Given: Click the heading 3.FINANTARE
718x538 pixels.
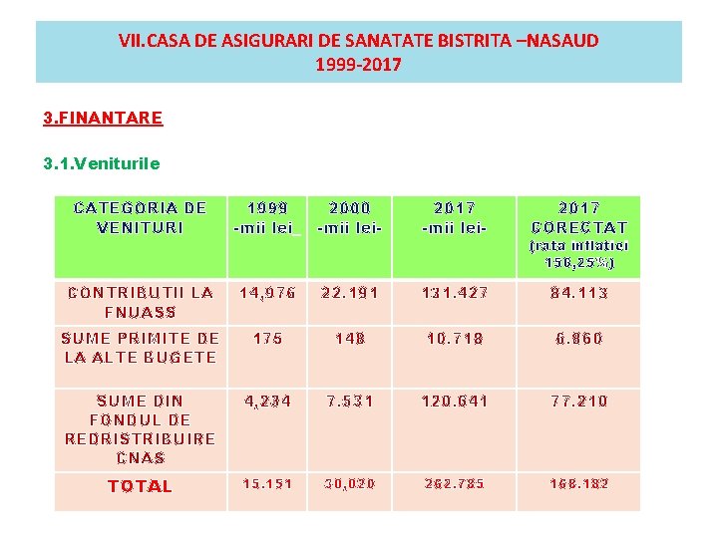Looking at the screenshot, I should point(103,118).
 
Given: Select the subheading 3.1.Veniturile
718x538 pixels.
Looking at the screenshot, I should point(102,162).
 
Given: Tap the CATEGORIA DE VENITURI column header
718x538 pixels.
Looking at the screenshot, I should point(141,217).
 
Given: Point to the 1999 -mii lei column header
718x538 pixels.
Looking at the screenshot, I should point(266,217).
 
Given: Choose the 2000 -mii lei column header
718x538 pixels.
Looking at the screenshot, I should point(349,217).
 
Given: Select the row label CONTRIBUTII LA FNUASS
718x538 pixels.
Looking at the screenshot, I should point(141,302).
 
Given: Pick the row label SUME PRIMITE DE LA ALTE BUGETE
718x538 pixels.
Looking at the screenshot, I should point(141,348).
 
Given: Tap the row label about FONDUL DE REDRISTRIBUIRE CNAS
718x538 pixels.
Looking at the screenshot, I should point(141,429).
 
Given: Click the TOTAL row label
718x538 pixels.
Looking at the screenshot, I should point(141,486).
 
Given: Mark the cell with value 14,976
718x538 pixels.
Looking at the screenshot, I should point(266,293).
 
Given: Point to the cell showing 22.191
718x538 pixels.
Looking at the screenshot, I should point(349,293).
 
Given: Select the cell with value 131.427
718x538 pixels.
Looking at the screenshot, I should point(455,293).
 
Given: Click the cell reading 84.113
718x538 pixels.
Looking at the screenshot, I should point(578,293).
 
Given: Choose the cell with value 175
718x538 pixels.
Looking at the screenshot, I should point(267,339).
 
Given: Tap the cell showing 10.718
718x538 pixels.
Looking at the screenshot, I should point(455,339).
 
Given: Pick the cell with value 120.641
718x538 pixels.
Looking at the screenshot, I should point(455,402).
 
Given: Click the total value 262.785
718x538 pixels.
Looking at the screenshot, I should point(455,484).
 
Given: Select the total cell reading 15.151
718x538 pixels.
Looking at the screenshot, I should point(266,484).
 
